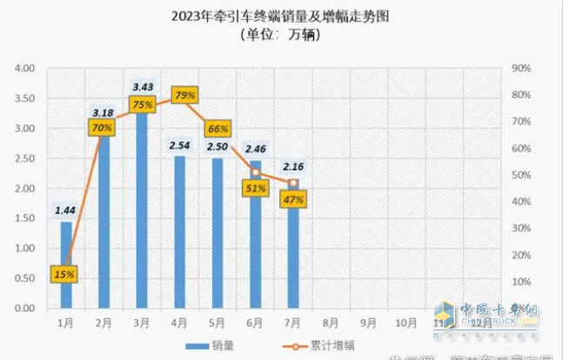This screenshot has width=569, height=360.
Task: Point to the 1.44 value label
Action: [66, 210]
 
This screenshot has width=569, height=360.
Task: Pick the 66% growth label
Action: [218, 130]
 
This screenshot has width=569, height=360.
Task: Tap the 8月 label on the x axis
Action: [331, 323]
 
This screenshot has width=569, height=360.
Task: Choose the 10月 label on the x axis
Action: [406, 323]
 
